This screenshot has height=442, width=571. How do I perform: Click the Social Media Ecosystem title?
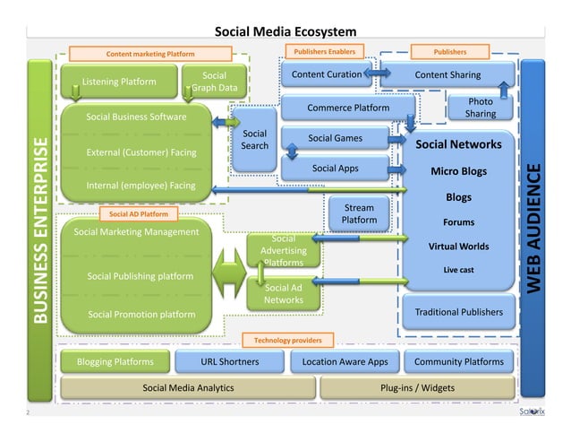point(285,32)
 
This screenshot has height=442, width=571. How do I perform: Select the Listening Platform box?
point(118,82)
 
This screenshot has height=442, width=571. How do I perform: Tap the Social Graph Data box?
point(214,82)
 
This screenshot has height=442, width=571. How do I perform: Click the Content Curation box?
point(320,74)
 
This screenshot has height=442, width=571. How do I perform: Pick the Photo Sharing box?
point(481,108)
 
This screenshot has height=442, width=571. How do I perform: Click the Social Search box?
point(255,142)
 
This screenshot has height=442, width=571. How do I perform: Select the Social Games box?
point(335,138)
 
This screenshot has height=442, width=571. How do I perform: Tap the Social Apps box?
point(335,167)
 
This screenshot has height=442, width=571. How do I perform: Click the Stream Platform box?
point(359,213)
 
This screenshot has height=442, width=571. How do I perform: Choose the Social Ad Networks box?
point(283,293)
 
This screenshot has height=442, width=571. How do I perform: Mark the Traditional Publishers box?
point(458,312)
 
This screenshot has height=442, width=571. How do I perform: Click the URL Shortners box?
point(230,361)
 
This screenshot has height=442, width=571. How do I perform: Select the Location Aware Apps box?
point(345,361)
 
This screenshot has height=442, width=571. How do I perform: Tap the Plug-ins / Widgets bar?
point(418,388)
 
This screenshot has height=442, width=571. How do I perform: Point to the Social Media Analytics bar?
point(188,388)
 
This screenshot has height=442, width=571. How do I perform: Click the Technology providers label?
point(287,341)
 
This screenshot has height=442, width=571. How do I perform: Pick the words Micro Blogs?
point(458,171)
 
